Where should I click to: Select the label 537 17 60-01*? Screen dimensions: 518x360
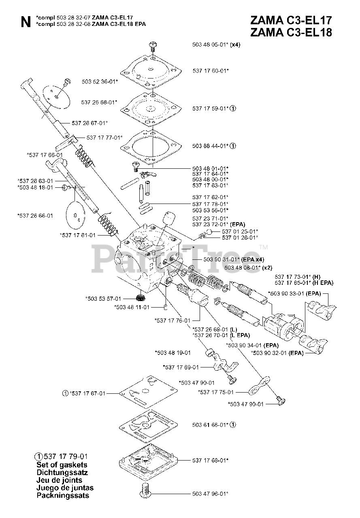(211, 71)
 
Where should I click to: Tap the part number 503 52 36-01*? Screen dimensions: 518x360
(100, 81)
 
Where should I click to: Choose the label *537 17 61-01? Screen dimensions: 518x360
(78, 235)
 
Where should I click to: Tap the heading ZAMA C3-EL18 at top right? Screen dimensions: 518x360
(291, 33)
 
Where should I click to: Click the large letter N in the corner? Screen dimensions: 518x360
(25, 23)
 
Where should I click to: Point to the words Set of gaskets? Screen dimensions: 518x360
(62, 465)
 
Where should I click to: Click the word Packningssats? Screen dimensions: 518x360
(63, 495)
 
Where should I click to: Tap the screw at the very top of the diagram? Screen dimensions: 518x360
(153, 45)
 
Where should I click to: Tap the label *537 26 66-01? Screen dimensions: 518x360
(35, 216)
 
